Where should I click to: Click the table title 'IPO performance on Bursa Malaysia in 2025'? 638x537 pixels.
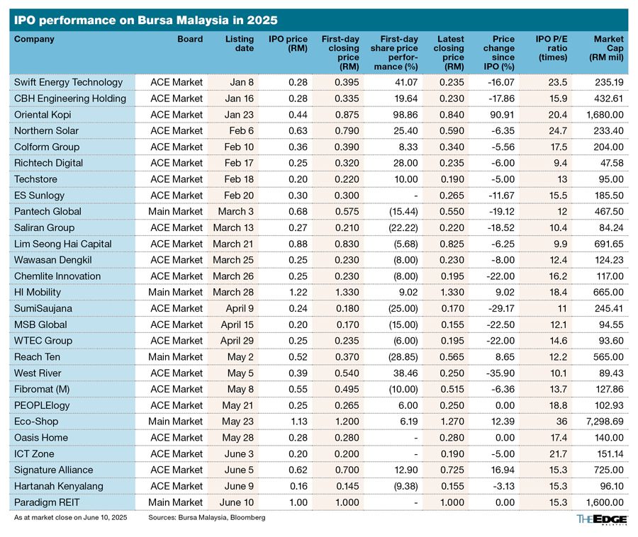click(x=145, y=21)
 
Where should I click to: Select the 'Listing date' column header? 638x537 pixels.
click(x=240, y=43)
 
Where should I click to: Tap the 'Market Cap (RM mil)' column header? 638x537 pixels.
click(x=606, y=48)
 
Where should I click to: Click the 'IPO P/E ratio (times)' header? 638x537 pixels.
click(x=552, y=48)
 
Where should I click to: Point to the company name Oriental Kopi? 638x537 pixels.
click(x=43, y=115)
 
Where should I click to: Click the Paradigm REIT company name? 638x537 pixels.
click(x=47, y=502)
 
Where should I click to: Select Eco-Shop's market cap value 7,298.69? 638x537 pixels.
click(x=605, y=422)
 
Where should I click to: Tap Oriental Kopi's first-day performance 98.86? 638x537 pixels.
click(x=405, y=115)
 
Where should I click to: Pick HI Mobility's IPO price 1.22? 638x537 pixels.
click(x=298, y=293)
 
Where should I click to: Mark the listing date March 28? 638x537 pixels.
click(x=233, y=293)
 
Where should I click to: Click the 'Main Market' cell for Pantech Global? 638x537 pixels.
click(x=175, y=211)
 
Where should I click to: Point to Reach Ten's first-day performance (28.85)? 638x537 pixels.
click(x=403, y=357)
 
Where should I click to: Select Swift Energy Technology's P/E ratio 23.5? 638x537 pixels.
click(x=557, y=82)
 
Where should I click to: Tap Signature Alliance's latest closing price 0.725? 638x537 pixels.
click(x=452, y=470)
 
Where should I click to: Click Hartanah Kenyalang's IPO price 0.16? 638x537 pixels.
click(x=298, y=486)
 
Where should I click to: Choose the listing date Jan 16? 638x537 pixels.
click(x=240, y=98)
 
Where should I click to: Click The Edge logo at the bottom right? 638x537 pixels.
click(x=602, y=519)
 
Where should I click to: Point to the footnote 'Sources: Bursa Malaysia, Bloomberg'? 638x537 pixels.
click(x=207, y=517)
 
